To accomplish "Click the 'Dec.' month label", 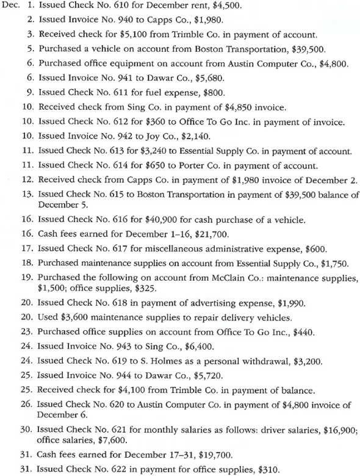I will pos(13,8).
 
